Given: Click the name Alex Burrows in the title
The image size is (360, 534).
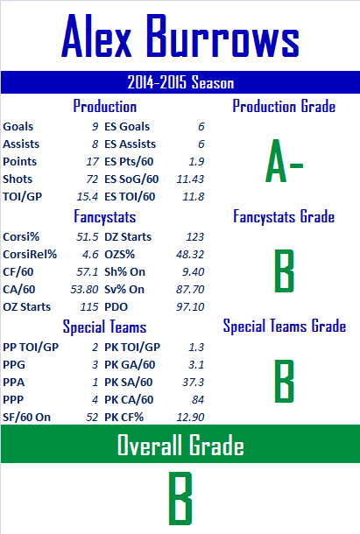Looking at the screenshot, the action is point(180,36).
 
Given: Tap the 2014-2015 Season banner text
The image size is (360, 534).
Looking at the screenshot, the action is point(180,82).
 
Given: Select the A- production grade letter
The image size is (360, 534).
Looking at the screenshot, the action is point(284,160).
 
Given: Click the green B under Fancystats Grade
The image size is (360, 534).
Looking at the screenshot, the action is point(285,271).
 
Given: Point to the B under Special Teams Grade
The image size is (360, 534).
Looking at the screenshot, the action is point(285,381).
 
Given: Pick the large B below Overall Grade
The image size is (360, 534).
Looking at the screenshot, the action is point(180,498).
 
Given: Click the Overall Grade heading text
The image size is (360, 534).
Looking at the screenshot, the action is point(180,445).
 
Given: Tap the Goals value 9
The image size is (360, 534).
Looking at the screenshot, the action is point(95,127).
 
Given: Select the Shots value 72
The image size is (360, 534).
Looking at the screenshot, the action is point(92,179).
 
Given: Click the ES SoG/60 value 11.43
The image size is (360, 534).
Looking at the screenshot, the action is point(190,179).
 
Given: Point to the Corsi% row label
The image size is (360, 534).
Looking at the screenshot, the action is point(21,236).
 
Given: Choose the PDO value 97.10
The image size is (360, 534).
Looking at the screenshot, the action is point(190,307).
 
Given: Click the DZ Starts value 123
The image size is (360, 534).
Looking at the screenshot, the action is point(195,236).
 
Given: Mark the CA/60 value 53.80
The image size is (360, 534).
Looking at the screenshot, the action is point(84,290).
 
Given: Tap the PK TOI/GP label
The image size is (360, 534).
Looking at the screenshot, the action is point(132,347).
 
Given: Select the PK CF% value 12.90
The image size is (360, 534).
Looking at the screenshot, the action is point(190,418).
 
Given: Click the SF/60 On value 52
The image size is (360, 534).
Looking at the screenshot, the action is point(92,418).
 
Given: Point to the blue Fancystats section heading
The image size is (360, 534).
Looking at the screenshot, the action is point(104,217).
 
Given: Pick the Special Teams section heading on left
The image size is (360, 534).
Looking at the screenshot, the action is point(104,327).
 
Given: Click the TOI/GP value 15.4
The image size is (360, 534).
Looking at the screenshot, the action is point(88,196).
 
